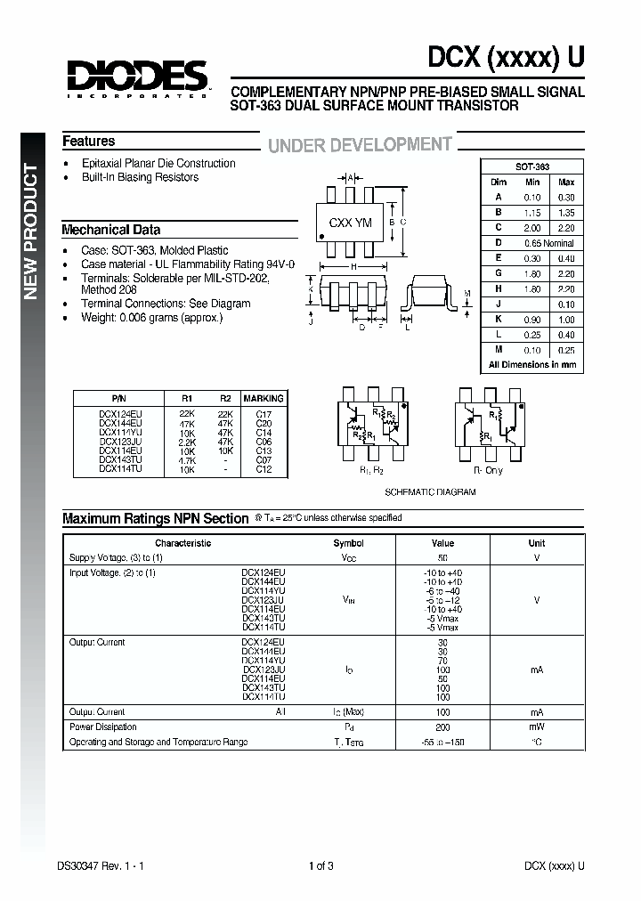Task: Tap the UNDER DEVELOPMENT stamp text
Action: point(360,145)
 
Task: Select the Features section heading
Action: point(88,142)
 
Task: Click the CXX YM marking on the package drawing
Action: point(350,223)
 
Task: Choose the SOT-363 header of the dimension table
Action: point(531,167)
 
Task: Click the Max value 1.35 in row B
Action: point(566,213)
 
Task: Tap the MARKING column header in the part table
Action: point(263,399)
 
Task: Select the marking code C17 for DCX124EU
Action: point(264,414)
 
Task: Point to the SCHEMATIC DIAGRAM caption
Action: point(429,492)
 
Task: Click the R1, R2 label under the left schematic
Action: point(371,470)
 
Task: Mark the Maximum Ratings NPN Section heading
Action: point(155,518)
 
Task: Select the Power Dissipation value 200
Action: point(442,727)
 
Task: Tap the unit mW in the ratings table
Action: point(536,727)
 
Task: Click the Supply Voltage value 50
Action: point(442,557)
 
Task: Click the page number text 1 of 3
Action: point(320,865)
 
